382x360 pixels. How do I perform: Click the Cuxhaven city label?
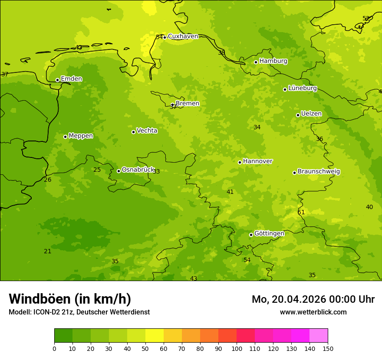[x=183, y=36]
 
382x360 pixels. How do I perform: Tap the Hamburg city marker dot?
[x=256, y=62]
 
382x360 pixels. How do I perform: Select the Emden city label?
[x=71, y=79]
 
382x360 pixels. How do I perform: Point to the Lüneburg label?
[x=302, y=88]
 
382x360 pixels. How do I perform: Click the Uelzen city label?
[x=311, y=114]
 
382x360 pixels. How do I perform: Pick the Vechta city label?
[x=147, y=131]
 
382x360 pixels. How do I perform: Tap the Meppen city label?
[x=81, y=136]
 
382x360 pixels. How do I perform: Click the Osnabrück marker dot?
[x=119, y=171]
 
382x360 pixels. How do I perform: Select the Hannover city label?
[x=257, y=161]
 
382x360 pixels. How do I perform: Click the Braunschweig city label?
[x=319, y=172]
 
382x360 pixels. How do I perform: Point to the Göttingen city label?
[x=269, y=234]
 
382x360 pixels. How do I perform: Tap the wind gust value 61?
[x=301, y=213]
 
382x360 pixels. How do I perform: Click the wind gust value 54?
[x=247, y=260]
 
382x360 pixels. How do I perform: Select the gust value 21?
[x=48, y=252]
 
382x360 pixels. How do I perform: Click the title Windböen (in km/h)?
[x=70, y=299]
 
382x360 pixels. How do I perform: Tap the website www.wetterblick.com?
[x=313, y=312]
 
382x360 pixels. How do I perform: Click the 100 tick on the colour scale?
[x=237, y=348]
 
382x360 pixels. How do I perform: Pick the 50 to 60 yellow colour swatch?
[x=155, y=336]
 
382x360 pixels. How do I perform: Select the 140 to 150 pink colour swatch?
[x=319, y=336]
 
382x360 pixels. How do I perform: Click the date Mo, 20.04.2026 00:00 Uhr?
[x=313, y=299]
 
